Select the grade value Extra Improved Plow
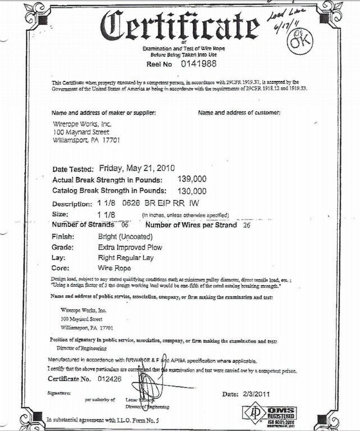pos(130,247)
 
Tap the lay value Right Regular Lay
pos(125,258)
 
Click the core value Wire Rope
pos(114,268)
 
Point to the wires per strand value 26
pos(246,226)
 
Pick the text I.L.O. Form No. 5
pos(122,419)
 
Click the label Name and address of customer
pos(239,113)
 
